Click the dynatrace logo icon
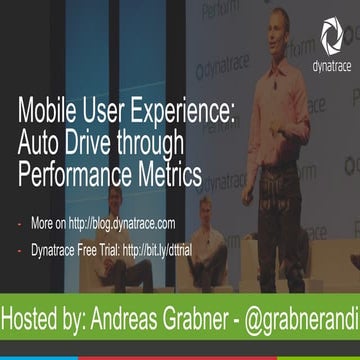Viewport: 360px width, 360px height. click(331, 38)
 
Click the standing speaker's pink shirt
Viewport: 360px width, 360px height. click(286, 110)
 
